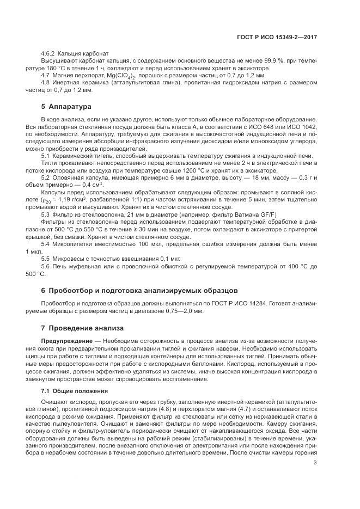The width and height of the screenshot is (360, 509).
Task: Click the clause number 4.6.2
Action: coord(49,55)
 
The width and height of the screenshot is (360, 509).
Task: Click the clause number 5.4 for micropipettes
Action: coord(45,244)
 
